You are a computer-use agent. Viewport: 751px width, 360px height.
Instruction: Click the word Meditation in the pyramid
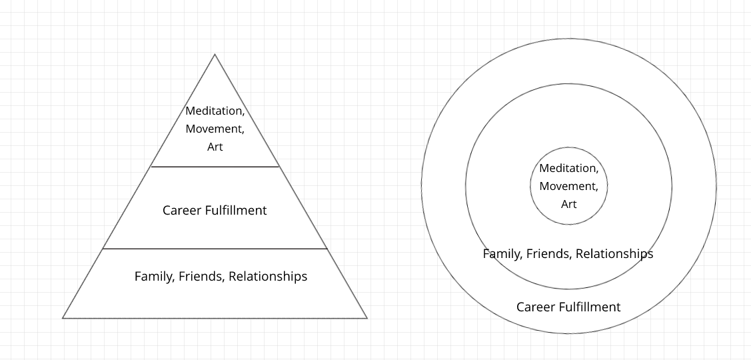coord(214,111)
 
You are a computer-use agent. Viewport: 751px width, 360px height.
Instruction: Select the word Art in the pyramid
coord(215,147)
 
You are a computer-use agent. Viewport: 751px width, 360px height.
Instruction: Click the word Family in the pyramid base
coord(154,276)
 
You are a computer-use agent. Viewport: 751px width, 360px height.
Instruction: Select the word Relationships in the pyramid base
coord(268,276)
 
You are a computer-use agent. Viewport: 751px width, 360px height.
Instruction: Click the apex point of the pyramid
coord(215,55)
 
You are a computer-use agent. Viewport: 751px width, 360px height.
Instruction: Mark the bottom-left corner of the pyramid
coord(63,318)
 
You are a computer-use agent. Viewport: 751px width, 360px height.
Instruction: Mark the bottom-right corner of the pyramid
coord(367,318)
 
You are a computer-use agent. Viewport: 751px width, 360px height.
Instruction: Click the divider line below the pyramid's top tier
coord(215,167)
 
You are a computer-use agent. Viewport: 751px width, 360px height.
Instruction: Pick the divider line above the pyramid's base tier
coord(215,249)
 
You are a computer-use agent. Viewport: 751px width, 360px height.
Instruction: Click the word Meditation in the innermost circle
coord(568,169)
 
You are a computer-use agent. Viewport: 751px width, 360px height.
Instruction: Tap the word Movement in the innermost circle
coord(568,187)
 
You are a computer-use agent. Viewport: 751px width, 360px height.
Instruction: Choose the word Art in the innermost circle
coord(568,205)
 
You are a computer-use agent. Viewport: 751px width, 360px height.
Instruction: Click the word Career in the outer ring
coord(536,307)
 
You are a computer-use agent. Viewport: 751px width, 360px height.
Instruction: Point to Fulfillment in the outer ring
coord(590,307)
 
